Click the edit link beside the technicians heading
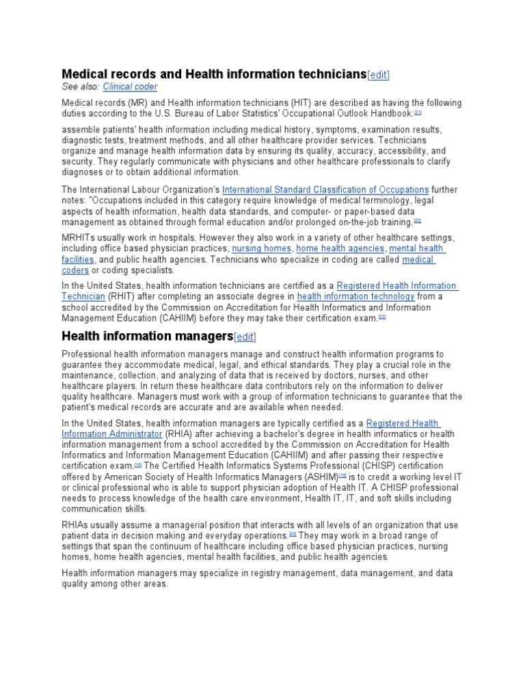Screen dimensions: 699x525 pyautogui.click(x=379, y=74)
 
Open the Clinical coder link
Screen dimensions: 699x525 pyautogui.click(x=130, y=87)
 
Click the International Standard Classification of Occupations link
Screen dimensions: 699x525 pyautogui.click(x=325, y=189)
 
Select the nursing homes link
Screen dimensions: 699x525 pyautogui.click(x=261, y=248)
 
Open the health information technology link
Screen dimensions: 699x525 pyautogui.click(x=355, y=296)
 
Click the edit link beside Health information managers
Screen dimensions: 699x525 pyautogui.click(x=245, y=337)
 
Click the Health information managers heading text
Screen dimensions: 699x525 pyautogui.click(x=147, y=336)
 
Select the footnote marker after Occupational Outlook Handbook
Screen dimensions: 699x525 pyautogui.click(x=418, y=113)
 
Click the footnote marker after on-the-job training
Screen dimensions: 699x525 pyautogui.click(x=417, y=221)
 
